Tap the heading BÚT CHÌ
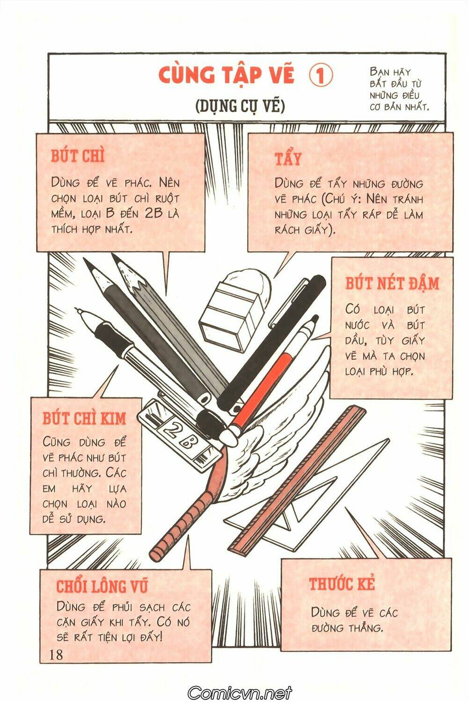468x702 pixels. point(77,156)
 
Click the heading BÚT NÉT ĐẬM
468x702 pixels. point(392,284)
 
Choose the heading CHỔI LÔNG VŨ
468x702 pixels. point(102,586)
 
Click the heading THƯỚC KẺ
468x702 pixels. point(342,584)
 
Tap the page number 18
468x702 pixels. point(56,654)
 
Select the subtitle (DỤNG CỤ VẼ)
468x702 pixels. point(240,106)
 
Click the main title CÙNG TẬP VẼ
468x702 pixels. point(227,76)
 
